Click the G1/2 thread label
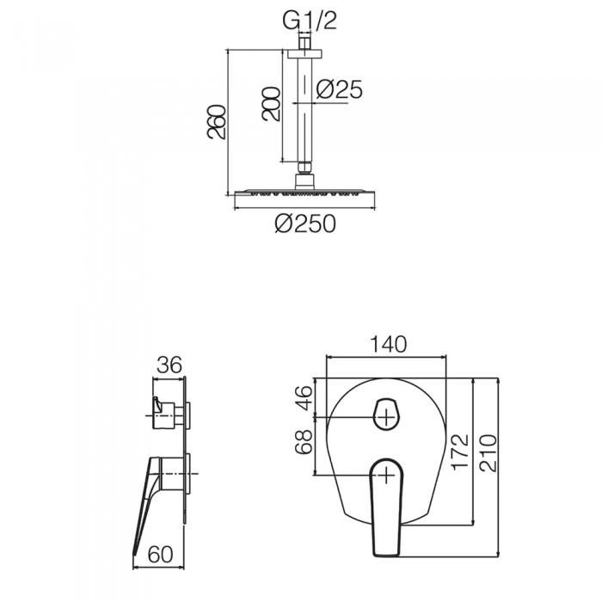pyautogui.click(x=310, y=21)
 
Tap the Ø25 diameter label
pyautogui.click(x=339, y=89)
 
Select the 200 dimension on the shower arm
pyautogui.click(x=271, y=104)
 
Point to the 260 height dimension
pyautogui.click(x=217, y=121)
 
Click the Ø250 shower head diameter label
pyautogui.click(x=305, y=224)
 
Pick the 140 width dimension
pyautogui.click(x=388, y=344)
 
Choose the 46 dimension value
pyautogui.click(x=304, y=397)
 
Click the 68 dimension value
pyautogui.click(x=304, y=442)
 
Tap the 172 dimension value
pyautogui.click(x=460, y=452)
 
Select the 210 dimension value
pyautogui.click(x=488, y=453)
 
